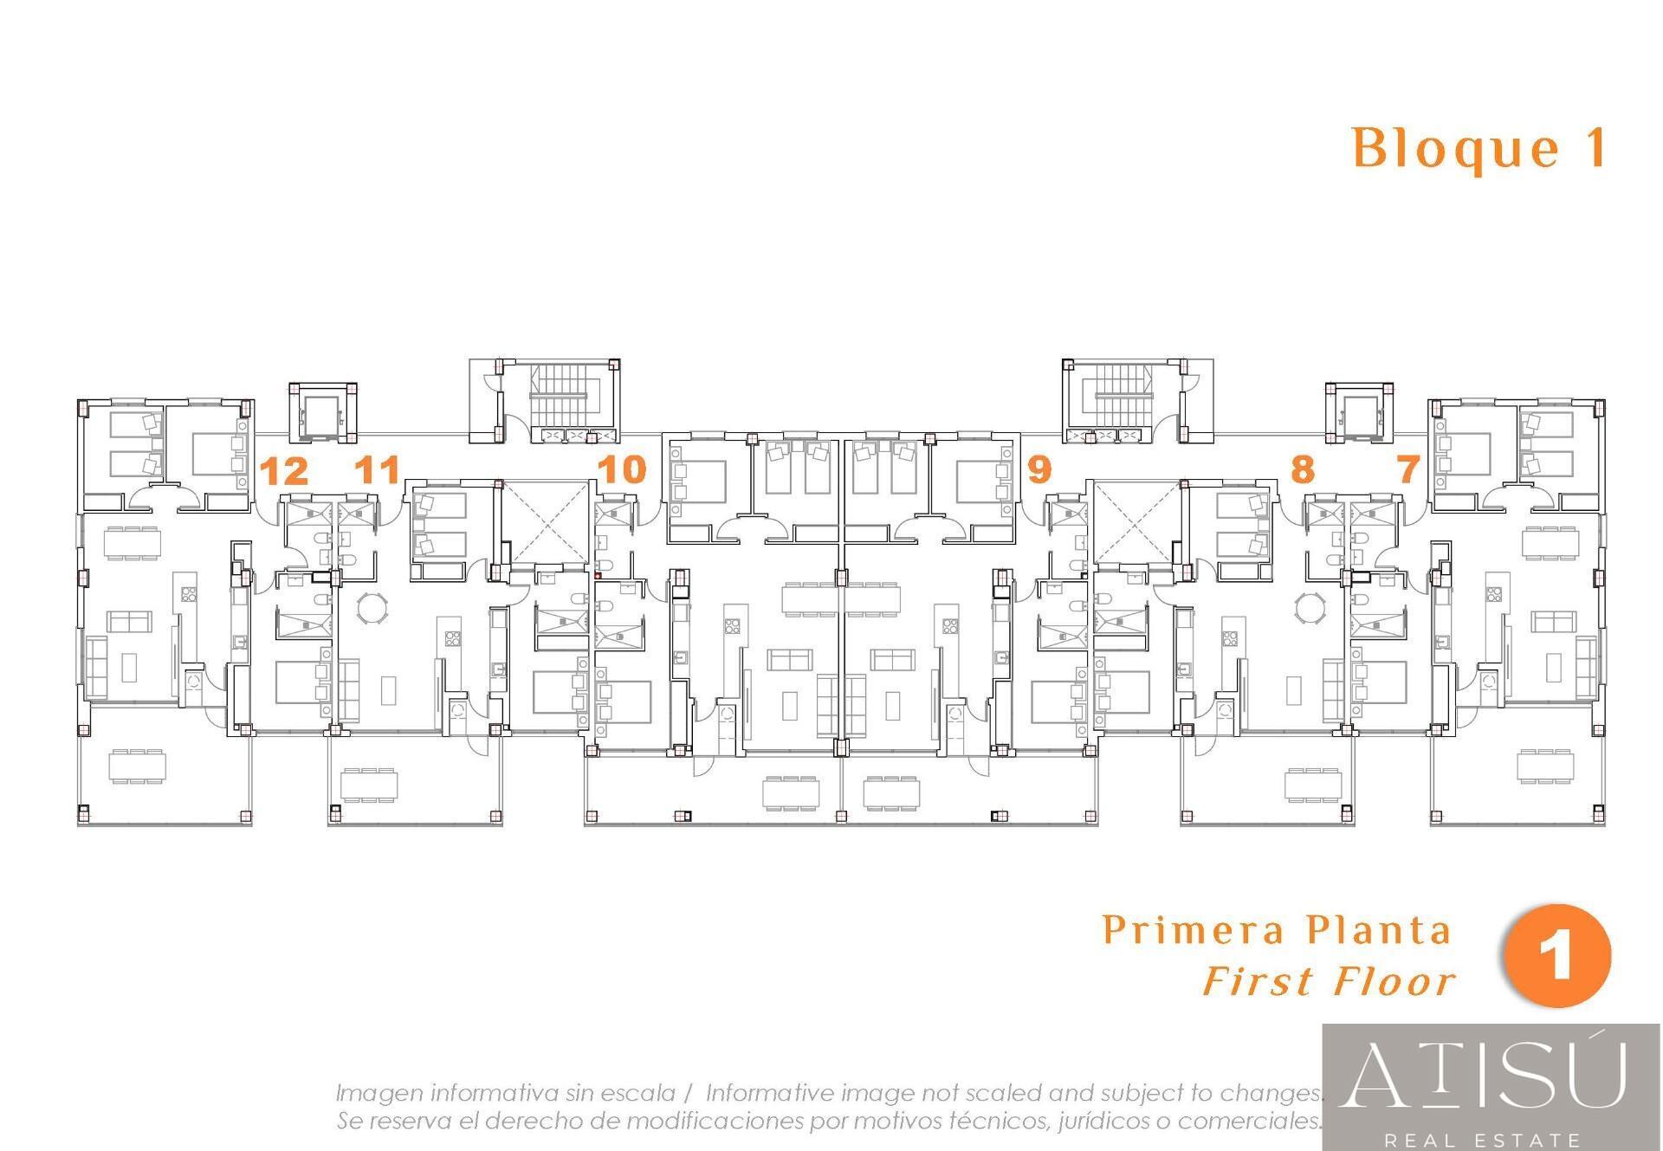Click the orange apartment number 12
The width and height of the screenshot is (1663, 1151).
[x=284, y=472]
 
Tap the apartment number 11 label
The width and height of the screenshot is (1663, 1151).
[x=379, y=470]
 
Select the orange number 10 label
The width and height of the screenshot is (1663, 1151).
[x=622, y=469]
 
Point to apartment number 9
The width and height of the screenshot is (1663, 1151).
[x=1039, y=469]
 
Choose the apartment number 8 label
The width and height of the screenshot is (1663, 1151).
[x=1302, y=469]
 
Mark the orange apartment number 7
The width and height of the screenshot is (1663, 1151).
[x=1408, y=469]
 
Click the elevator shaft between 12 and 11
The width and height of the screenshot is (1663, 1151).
[x=321, y=412]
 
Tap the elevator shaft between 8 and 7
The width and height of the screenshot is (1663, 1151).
[x=1360, y=412]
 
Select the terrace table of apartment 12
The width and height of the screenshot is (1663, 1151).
[x=139, y=766]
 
